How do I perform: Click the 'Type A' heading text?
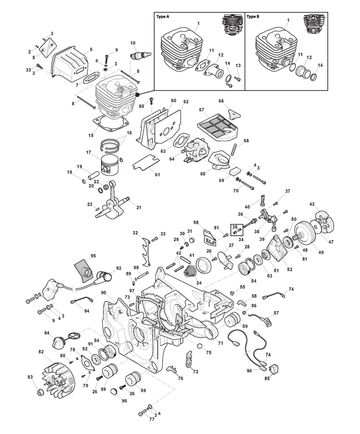(x=163, y=16)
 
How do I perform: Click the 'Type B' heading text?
(x=253, y=16)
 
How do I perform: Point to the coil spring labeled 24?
(x=190, y=273)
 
